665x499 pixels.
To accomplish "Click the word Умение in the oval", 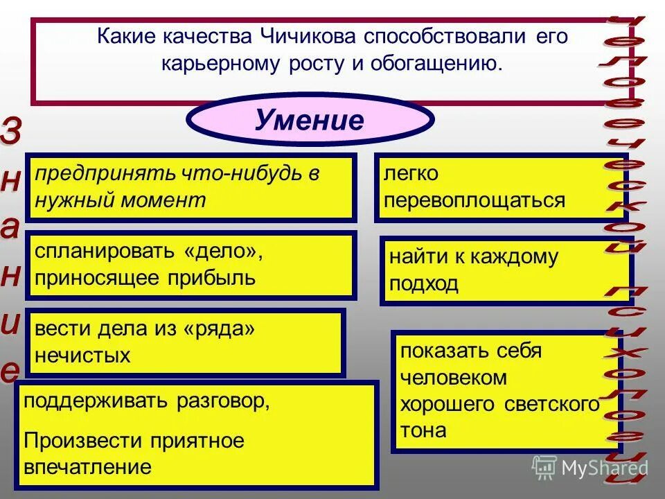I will [x=309, y=120].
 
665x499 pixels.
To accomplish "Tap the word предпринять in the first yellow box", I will [x=108, y=174].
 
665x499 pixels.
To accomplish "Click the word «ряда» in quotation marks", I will [x=218, y=329].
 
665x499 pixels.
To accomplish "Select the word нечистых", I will [x=82, y=356].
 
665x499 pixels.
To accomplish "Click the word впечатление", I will [x=87, y=466].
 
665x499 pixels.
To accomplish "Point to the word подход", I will [x=423, y=285].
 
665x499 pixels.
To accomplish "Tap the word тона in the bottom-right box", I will [x=423, y=430].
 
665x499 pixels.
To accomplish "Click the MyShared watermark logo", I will [x=589, y=468].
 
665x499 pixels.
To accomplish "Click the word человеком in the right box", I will [x=453, y=378].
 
